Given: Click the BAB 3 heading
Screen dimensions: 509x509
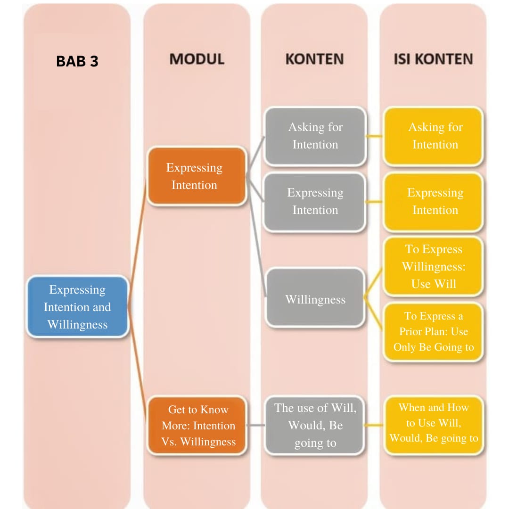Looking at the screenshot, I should pos(77,62).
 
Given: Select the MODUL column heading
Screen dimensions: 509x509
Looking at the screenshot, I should pos(197,59).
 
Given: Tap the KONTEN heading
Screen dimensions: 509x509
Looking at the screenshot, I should pos(314,59).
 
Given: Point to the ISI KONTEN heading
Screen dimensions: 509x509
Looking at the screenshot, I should pos(433,59).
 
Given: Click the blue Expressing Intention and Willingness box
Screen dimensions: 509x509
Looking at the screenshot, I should pos(77,307).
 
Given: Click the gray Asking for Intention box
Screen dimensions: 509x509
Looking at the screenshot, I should pos(315,136).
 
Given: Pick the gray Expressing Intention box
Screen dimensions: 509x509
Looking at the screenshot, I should pos(315,202).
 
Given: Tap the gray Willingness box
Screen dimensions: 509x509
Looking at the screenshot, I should pos(315,299).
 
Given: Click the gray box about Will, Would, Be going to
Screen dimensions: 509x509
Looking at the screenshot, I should pos(315,426).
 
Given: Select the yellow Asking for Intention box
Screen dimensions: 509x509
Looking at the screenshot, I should pos(433,136).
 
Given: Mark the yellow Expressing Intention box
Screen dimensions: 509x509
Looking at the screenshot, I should pos(433,202).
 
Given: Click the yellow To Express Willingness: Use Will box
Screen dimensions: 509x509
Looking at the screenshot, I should pos(433,267).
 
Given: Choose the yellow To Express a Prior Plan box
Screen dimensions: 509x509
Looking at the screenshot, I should pos(433,331).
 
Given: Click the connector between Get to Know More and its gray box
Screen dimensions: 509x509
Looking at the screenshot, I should pos(255,425).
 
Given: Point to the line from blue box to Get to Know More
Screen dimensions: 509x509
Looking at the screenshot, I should pos(139,372).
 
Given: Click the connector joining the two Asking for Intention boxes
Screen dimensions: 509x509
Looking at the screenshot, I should pos(375,137).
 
